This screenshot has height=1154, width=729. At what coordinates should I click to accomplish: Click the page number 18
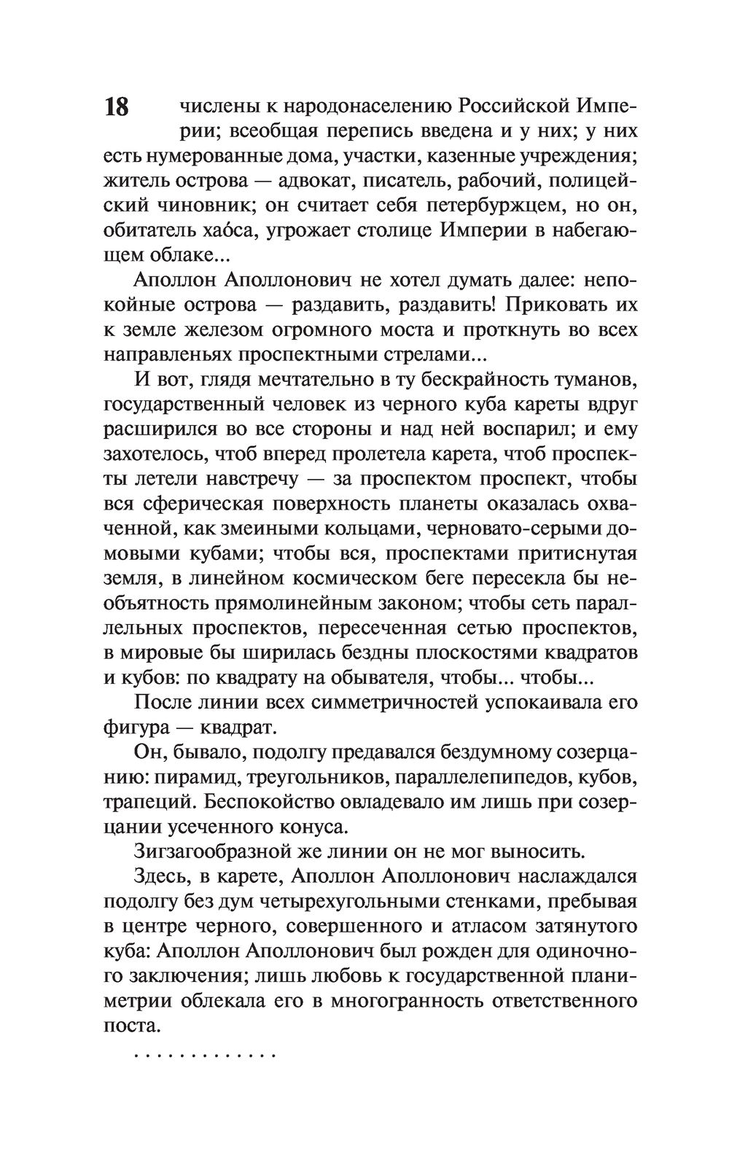point(116,107)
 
